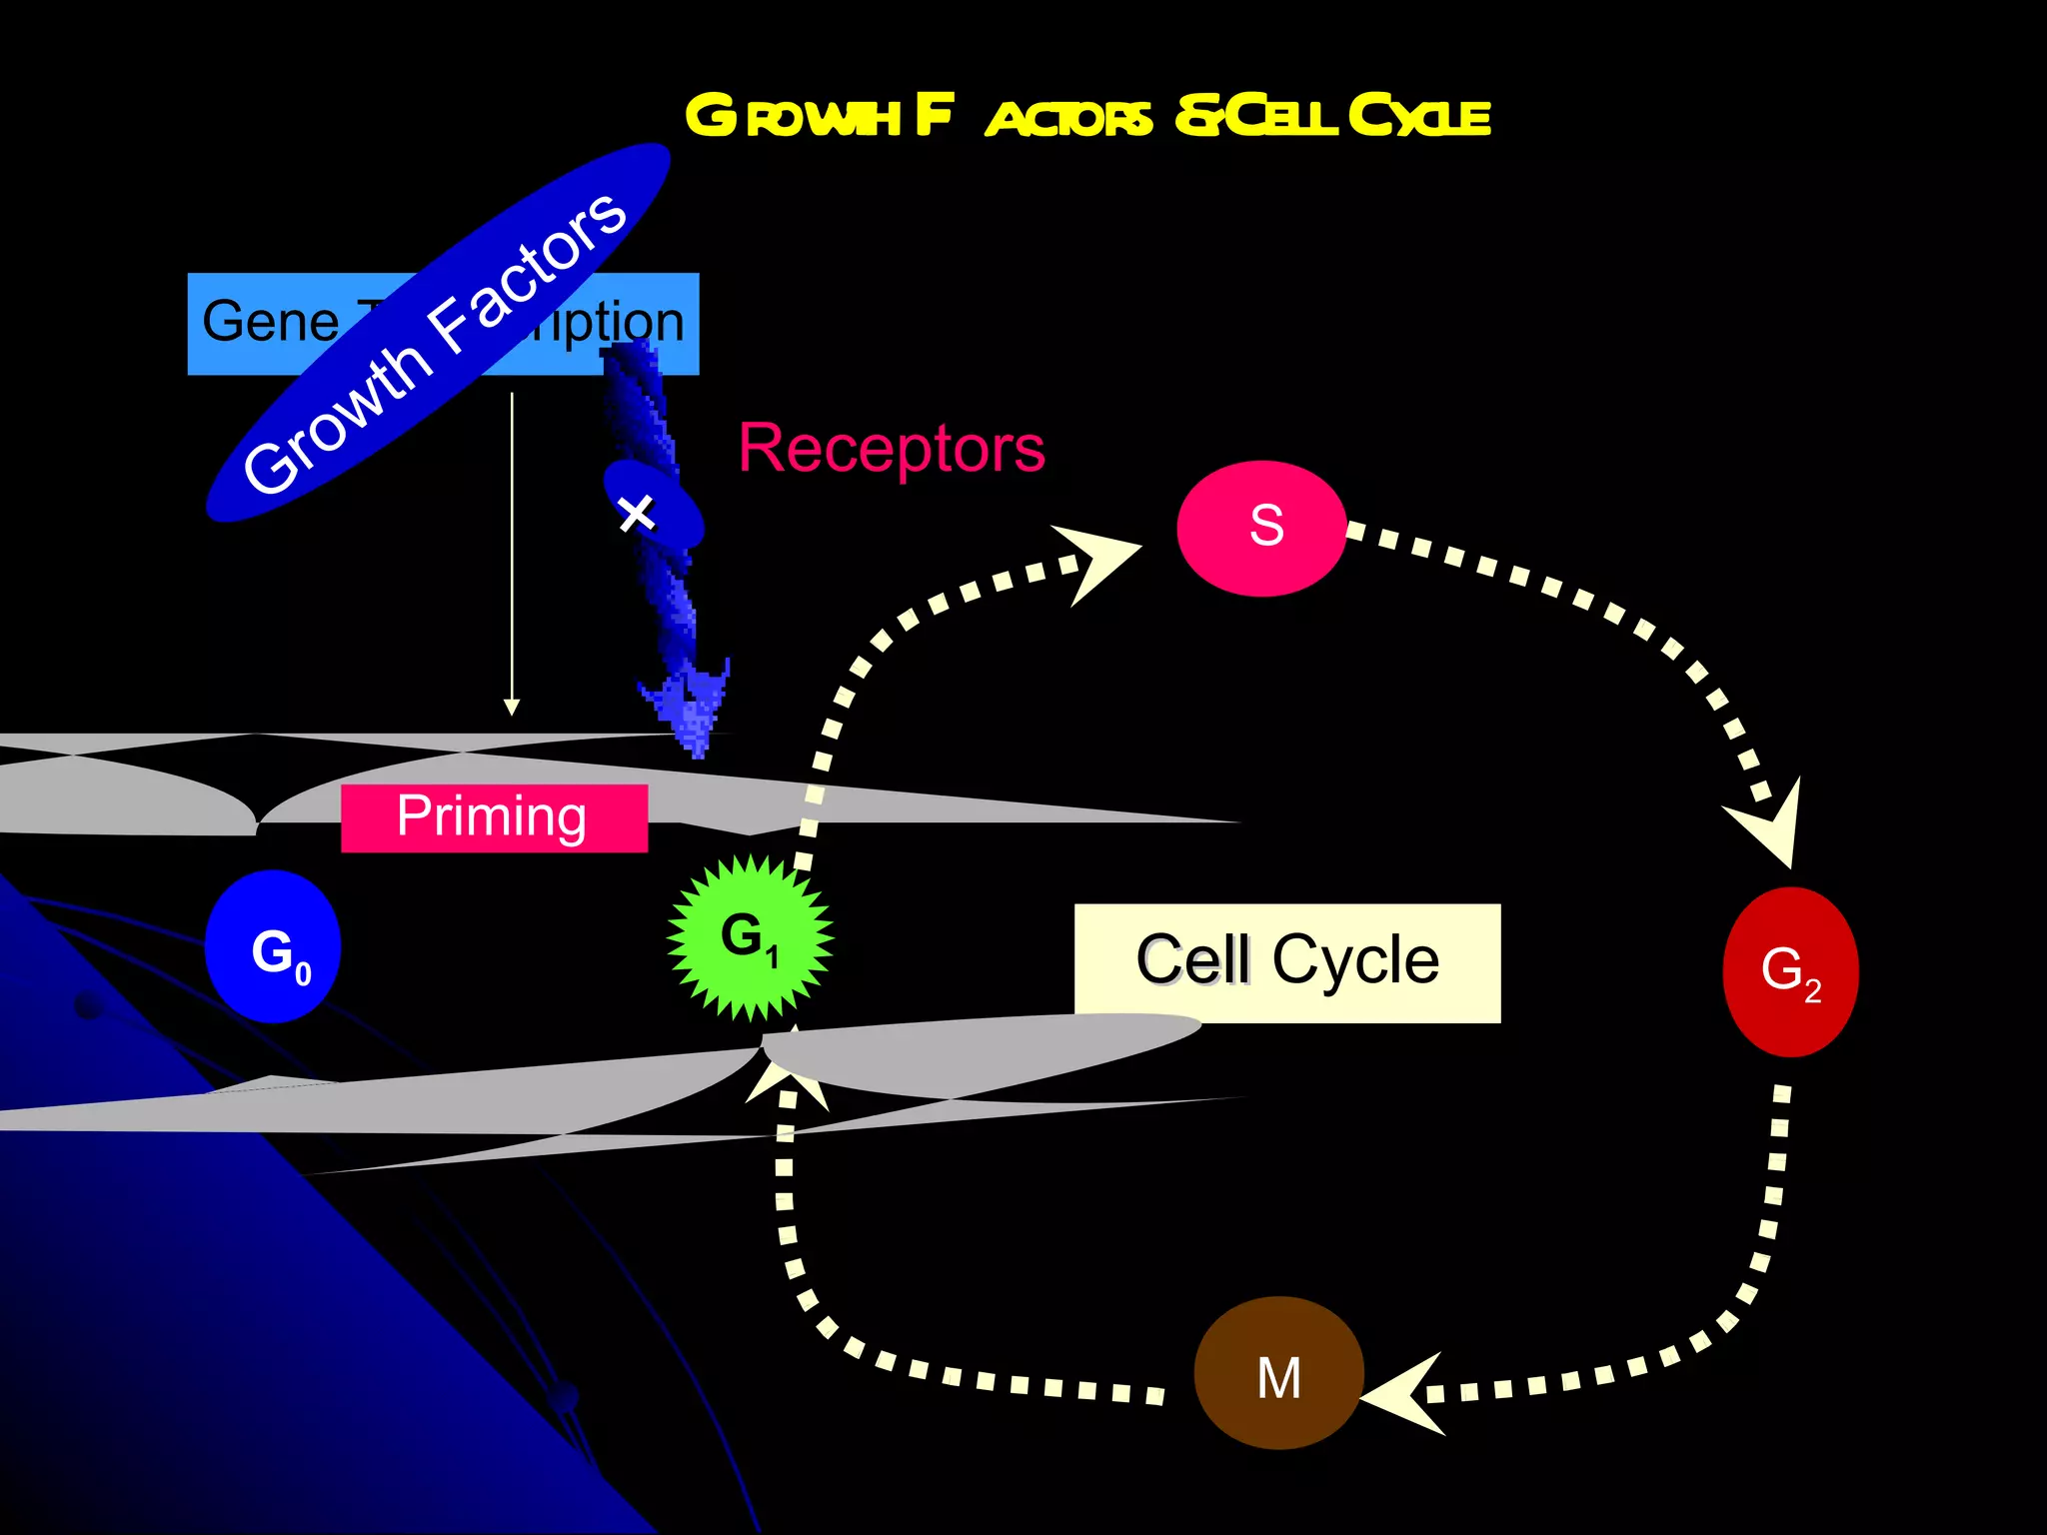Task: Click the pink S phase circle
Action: pos(1261,528)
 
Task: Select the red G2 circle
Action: pos(1790,971)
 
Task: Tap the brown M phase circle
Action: pos(1278,1373)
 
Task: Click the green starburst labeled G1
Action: pos(750,937)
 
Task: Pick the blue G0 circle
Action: pos(273,946)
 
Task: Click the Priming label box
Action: pos(494,817)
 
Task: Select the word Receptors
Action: pos(891,449)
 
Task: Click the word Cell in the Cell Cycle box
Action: pos(1192,960)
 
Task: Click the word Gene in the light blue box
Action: pos(270,322)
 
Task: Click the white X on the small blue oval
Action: pos(637,514)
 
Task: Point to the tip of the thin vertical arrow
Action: pos(512,708)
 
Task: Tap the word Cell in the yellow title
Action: pos(1281,116)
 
